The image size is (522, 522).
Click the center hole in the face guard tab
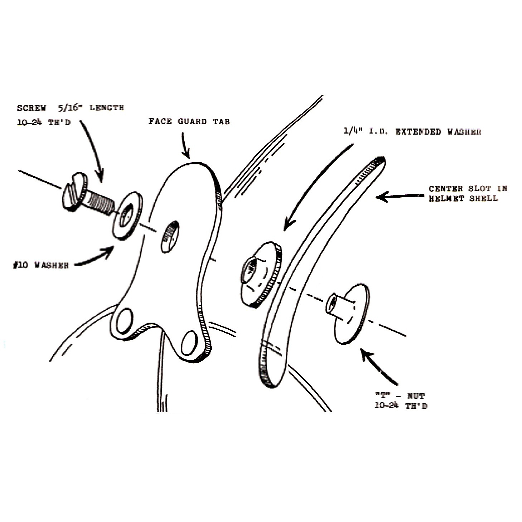(169, 237)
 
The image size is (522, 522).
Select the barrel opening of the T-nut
(332, 302)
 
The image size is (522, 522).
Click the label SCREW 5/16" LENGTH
(70, 107)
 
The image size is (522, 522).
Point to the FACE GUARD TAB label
(189, 121)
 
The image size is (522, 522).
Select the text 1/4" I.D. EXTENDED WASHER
(412, 132)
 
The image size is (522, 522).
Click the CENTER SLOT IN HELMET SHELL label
(468, 193)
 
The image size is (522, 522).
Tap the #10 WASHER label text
(40, 266)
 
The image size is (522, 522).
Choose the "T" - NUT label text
(400, 401)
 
